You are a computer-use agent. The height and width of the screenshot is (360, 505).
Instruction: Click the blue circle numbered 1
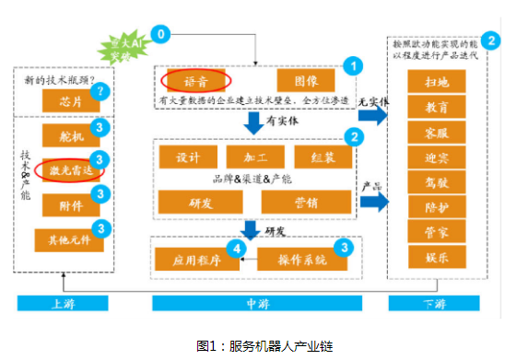pyautogui.click(x=349, y=65)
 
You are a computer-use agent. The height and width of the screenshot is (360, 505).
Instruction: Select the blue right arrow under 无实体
pyautogui.click(x=371, y=122)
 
